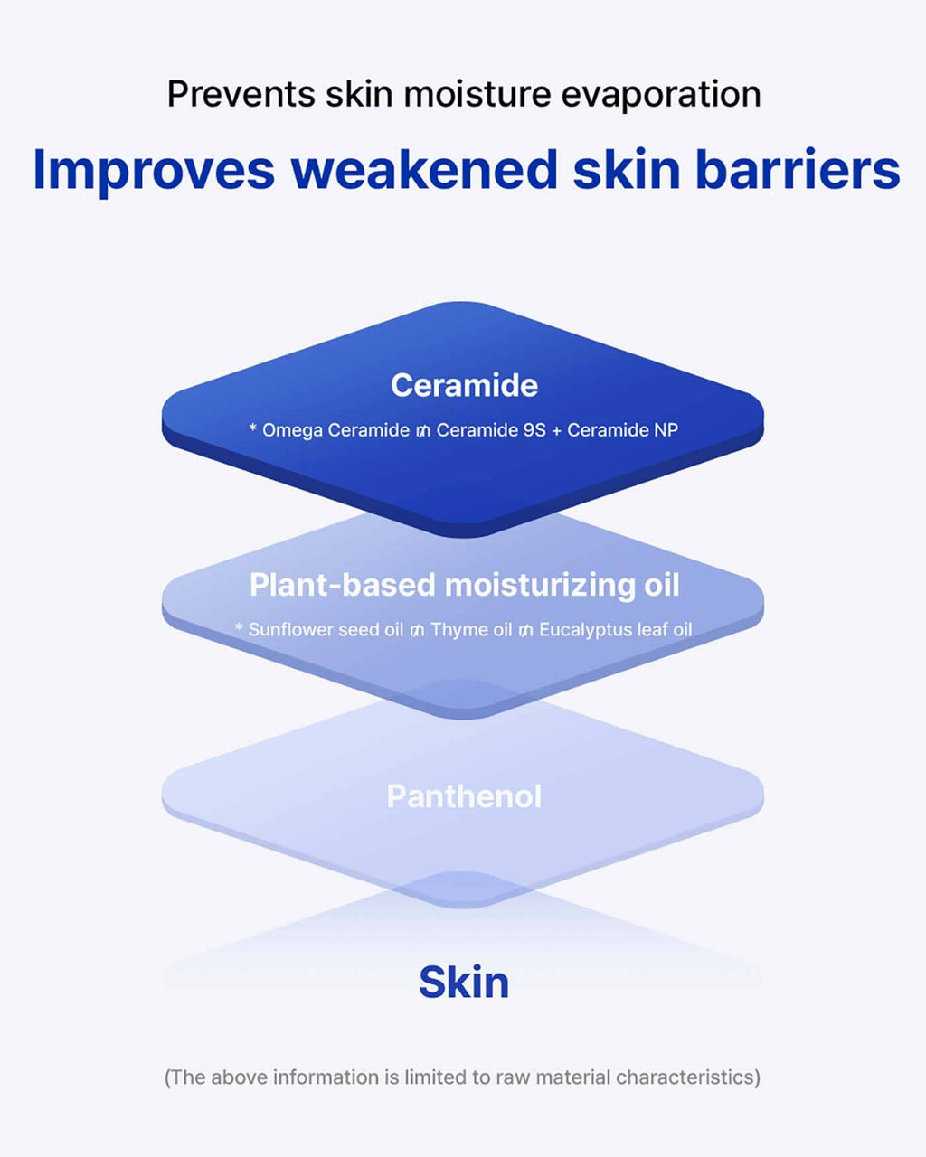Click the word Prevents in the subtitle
[241, 94]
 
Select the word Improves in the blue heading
[154, 172]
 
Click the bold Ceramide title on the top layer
[464, 385]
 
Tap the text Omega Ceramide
[335, 430]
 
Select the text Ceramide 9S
[491, 429]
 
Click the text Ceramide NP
[622, 429]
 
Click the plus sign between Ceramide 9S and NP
[556, 430]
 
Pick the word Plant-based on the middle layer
[342, 585]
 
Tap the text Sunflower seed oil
[326, 630]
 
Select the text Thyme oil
[471, 630]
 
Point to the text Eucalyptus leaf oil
[616, 630]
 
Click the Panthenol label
[464, 796]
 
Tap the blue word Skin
[464, 982]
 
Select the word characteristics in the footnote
[685, 1077]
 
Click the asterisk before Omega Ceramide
[252, 428]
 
